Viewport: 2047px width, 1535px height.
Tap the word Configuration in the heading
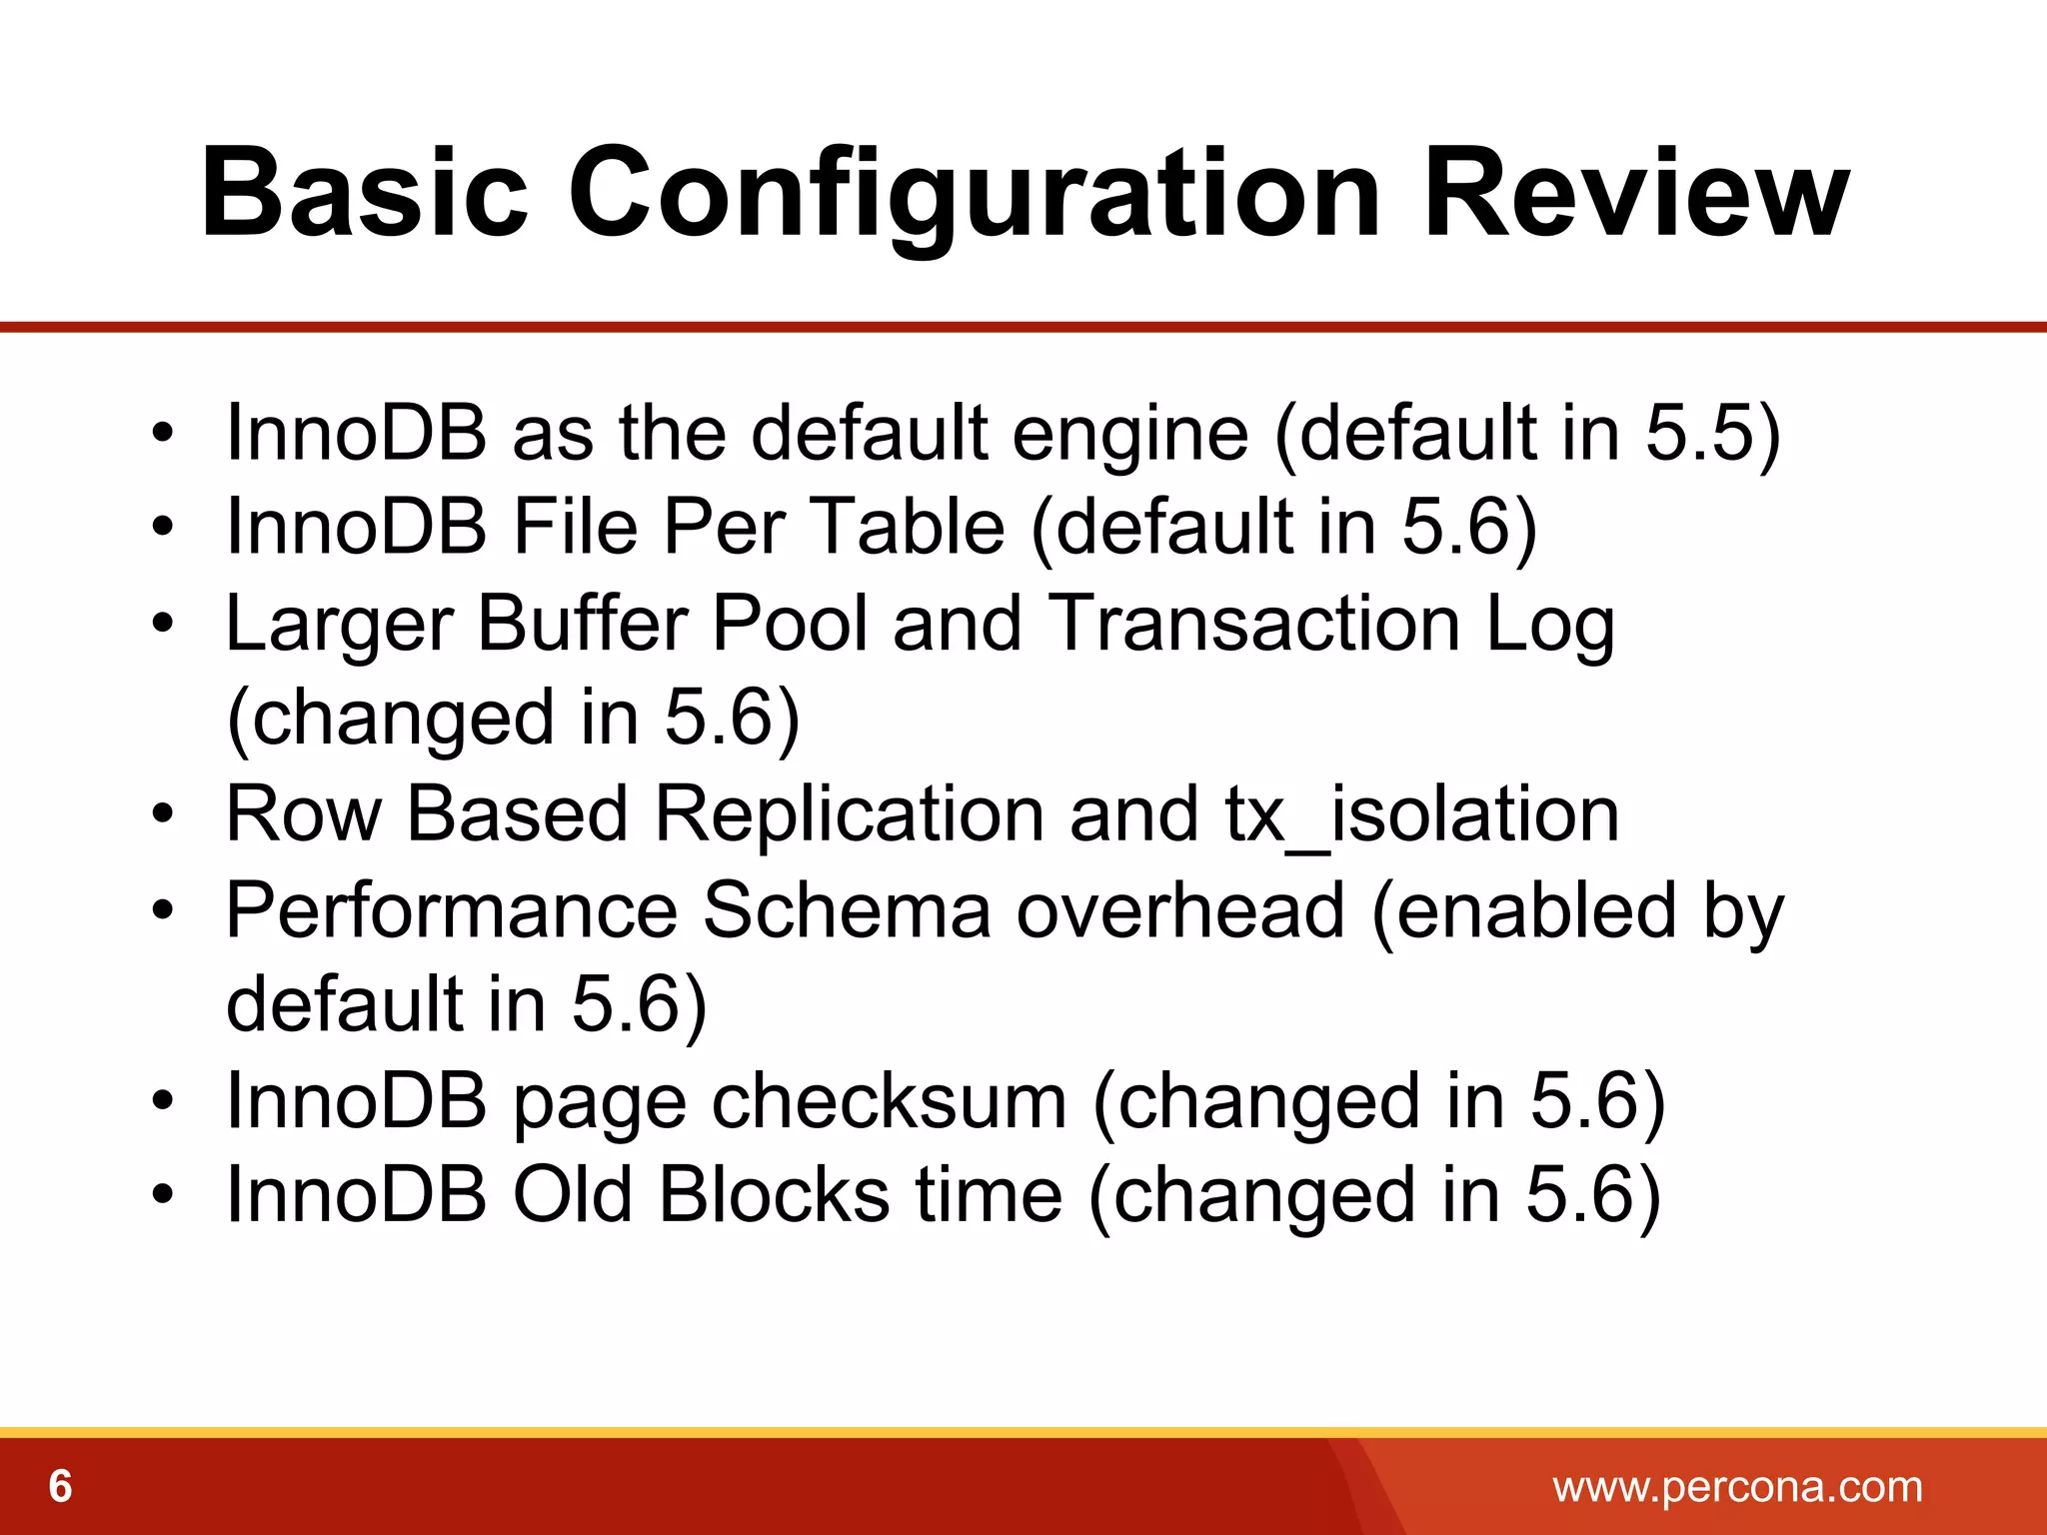coord(974,195)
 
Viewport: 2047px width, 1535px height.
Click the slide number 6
coord(60,1487)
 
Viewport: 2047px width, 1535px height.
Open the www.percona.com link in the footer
coord(1737,1487)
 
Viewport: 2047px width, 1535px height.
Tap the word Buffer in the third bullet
coord(582,623)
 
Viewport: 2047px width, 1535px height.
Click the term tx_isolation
coord(1421,814)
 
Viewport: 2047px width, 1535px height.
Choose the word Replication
coord(850,814)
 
